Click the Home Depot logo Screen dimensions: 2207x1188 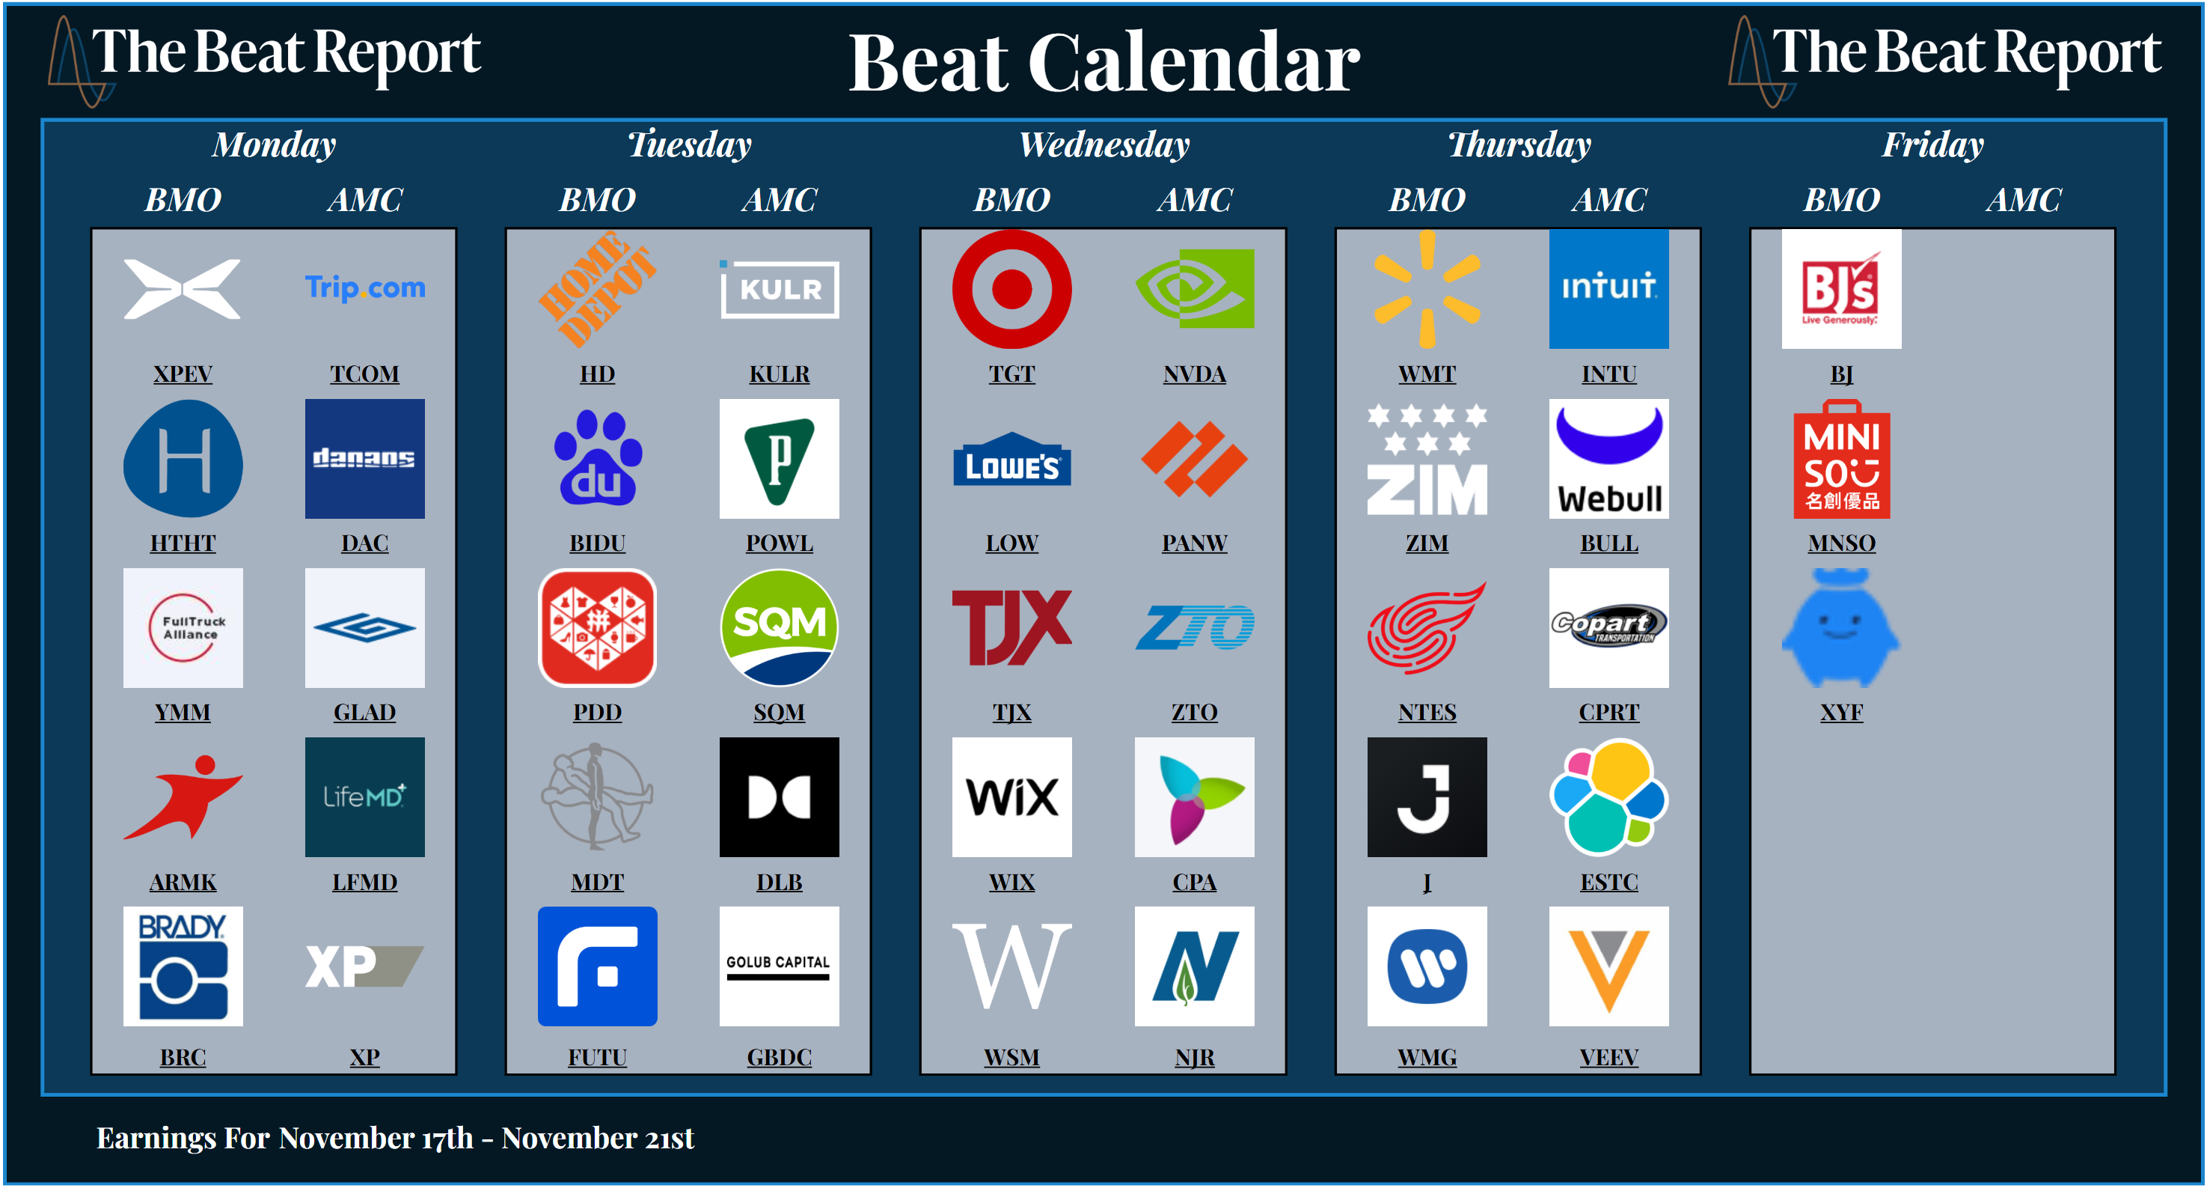coord(597,289)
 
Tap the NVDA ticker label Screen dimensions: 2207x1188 coord(1194,374)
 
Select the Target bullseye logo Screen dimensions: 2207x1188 coord(1011,289)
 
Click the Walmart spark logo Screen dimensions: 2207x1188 coord(1427,289)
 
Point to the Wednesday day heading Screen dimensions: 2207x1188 coord(1103,144)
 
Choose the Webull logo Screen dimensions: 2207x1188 coord(1608,459)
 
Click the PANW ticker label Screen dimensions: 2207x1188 coord(1194,543)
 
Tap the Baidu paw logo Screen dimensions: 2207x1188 coord(597,459)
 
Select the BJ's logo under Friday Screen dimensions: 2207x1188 coord(1841,289)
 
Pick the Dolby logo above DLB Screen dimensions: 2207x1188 coord(779,797)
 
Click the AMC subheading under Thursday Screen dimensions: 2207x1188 coord(1608,200)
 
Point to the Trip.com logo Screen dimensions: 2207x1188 coord(365,288)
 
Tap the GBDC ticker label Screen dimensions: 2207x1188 coord(779,1057)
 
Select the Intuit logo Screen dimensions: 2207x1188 coord(1608,289)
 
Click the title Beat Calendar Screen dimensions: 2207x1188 coord(1103,63)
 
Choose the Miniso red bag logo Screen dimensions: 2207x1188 coord(1841,459)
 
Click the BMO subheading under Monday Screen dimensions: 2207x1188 coord(183,200)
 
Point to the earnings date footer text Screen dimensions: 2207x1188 coord(395,1137)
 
